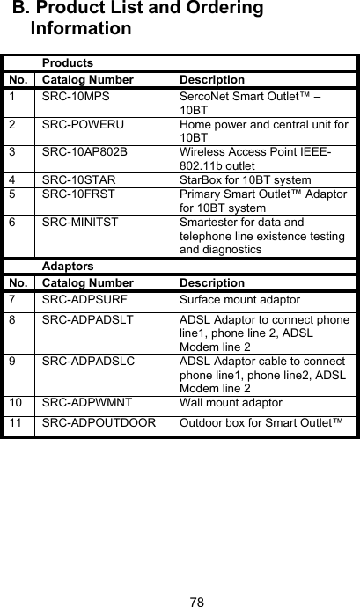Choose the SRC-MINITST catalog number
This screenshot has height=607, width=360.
(81, 223)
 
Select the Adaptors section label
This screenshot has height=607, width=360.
(69, 265)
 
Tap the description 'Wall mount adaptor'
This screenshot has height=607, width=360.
(232, 401)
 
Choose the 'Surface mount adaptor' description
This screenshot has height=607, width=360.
(239, 300)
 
